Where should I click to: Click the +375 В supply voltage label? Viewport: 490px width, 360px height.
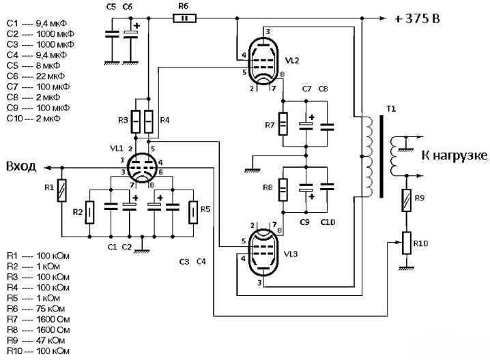point(417,18)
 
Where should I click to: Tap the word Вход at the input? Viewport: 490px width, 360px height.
point(21,166)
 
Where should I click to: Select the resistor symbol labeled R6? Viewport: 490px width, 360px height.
point(185,18)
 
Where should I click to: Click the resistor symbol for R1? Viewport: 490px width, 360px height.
point(62,190)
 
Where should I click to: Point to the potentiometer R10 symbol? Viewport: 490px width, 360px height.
point(406,243)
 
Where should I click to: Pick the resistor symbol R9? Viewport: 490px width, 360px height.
point(406,200)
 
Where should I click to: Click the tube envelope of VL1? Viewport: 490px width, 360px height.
point(143,168)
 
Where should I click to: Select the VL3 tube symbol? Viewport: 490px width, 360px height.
point(263,252)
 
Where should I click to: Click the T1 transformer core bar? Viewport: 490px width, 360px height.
point(381,157)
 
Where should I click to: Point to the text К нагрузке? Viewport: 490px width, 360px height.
point(454,155)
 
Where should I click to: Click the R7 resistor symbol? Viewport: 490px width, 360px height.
point(283,124)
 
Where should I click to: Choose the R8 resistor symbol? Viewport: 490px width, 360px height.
point(283,190)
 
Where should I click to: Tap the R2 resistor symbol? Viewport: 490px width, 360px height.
point(89,213)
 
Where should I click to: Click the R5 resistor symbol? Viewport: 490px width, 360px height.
point(193,213)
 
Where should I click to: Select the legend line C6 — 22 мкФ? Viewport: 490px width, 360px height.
point(35,76)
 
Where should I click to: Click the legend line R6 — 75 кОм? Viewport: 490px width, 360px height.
point(35,309)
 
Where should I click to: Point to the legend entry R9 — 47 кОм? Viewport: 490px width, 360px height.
point(35,340)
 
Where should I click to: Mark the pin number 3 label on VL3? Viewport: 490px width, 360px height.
point(259,283)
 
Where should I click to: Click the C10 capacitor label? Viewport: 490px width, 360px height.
point(328,222)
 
